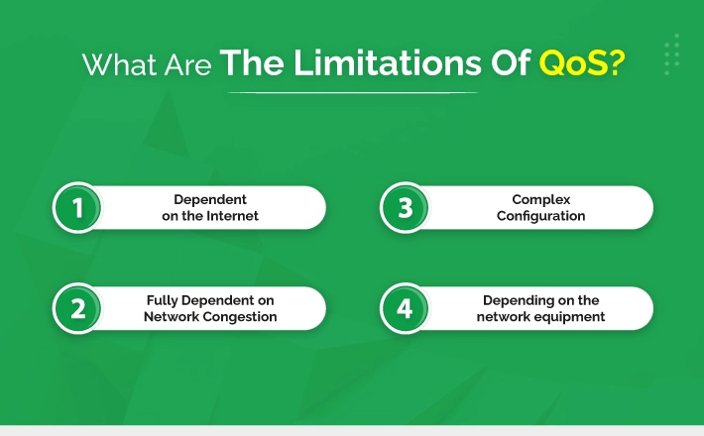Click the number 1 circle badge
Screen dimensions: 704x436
coord(77,208)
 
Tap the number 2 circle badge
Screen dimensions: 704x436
coord(77,308)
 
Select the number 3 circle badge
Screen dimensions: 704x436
coord(405,208)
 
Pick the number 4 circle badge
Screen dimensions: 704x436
coord(405,308)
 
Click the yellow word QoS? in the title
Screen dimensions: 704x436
coord(582,63)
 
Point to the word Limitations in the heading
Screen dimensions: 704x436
coord(388,61)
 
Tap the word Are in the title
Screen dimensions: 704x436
coord(187,65)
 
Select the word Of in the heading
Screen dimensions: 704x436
coord(511,61)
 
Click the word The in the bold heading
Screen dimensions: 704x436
coord(252,61)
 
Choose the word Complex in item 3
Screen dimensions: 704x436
coord(541,199)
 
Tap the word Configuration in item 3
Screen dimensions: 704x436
coord(541,216)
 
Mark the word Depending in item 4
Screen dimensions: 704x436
coord(514,300)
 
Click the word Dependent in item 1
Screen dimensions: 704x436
coord(210,199)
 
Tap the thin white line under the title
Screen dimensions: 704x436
coord(353,93)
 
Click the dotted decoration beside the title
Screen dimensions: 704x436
coord(671,54)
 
